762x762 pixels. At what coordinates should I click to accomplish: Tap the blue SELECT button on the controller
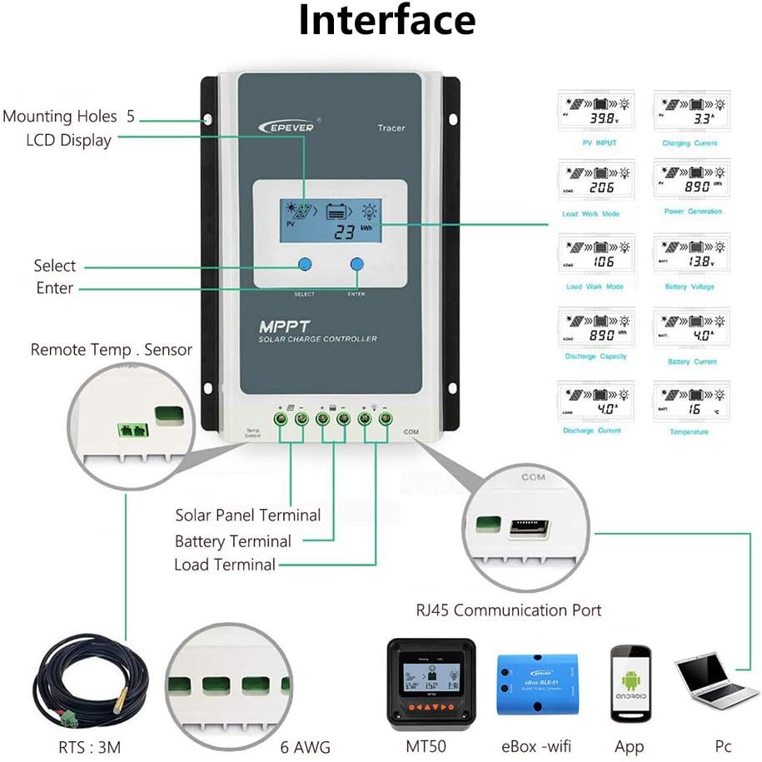(x=305, y=265)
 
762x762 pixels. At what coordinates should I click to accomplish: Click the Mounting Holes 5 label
(x=68, y=116)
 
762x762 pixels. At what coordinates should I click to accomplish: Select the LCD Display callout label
(x=68, y=140)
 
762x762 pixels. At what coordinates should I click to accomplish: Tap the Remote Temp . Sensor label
(x=111, y=350)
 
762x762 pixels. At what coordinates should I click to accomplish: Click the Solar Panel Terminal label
(x=247, y=515)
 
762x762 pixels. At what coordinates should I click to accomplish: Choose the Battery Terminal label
(x=232, y=541)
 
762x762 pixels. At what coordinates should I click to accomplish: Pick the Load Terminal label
(x=224, y=565)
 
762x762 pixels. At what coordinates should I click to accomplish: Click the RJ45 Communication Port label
(x=508, y=610)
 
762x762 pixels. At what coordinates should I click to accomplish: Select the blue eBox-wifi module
(x=537, y=682)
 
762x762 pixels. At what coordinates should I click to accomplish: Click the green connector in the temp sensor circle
(x=132, y=430)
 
